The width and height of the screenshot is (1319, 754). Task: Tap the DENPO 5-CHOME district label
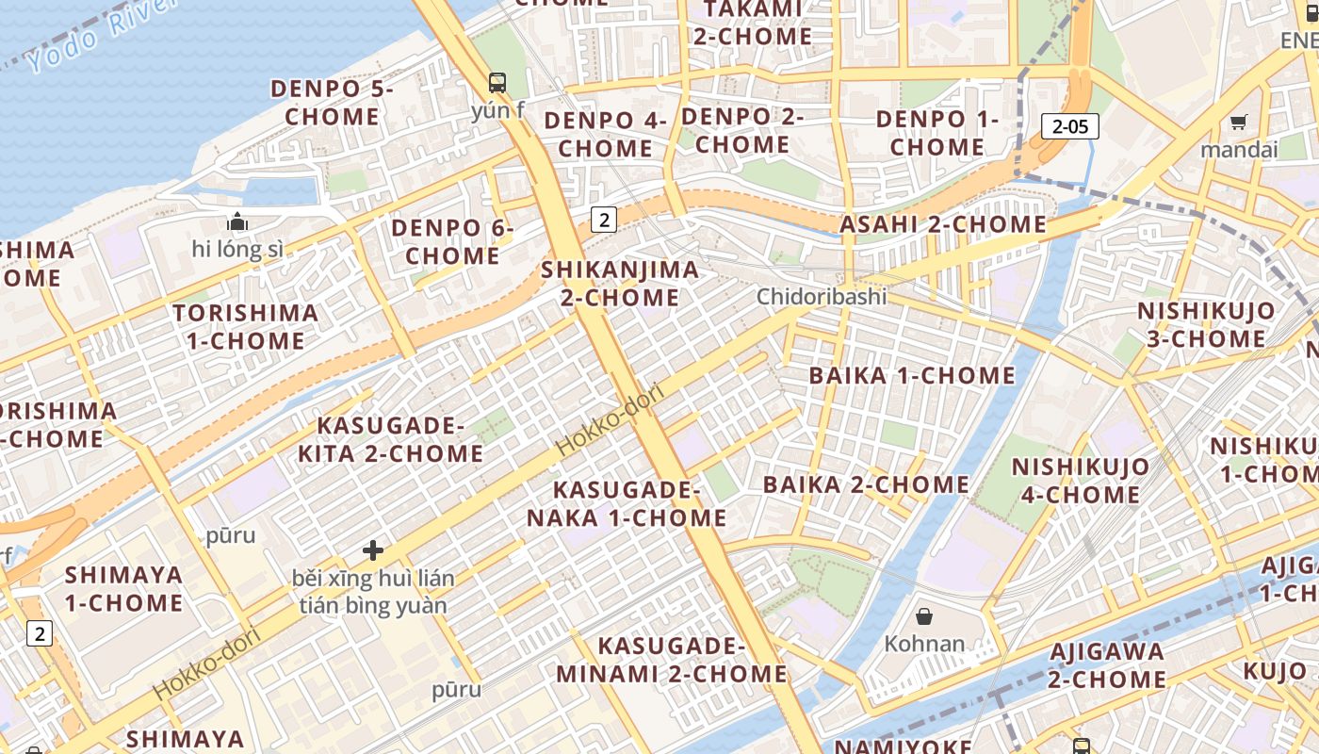click(x=332, y=103)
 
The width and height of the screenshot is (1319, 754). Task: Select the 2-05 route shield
click(x=1070, y=126)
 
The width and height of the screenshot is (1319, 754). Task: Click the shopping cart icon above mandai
click(x=1238, y=122)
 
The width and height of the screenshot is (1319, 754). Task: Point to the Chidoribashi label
click(x=822, y=297)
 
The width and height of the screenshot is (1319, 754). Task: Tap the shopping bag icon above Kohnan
click(x=924, y=616)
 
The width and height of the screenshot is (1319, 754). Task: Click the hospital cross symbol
click(x=373, y=549)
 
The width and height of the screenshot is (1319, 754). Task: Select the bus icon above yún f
click(x=497, y=83)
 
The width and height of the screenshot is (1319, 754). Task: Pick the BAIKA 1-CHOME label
click(x=912, y=375)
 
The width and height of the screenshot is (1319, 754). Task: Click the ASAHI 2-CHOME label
click(x=943, y=224)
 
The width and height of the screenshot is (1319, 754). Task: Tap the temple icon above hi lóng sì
click(x=236, y=222)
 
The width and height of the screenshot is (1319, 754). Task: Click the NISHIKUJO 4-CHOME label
click(x=1081, y=481)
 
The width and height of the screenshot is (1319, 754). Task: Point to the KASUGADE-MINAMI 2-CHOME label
click(x=671, y=660)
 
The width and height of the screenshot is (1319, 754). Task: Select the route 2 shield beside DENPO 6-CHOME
click(x=603, y=221)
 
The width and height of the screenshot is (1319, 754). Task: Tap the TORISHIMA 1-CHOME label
click(x=246, y=327)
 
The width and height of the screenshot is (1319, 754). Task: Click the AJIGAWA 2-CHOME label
click(x=1107, y=665)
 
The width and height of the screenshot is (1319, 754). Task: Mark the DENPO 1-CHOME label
click(x=936, y=133)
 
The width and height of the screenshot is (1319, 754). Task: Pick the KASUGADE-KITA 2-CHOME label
click(x=391, y=440)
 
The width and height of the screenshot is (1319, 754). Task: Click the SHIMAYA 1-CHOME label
click(x=123, y=589)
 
